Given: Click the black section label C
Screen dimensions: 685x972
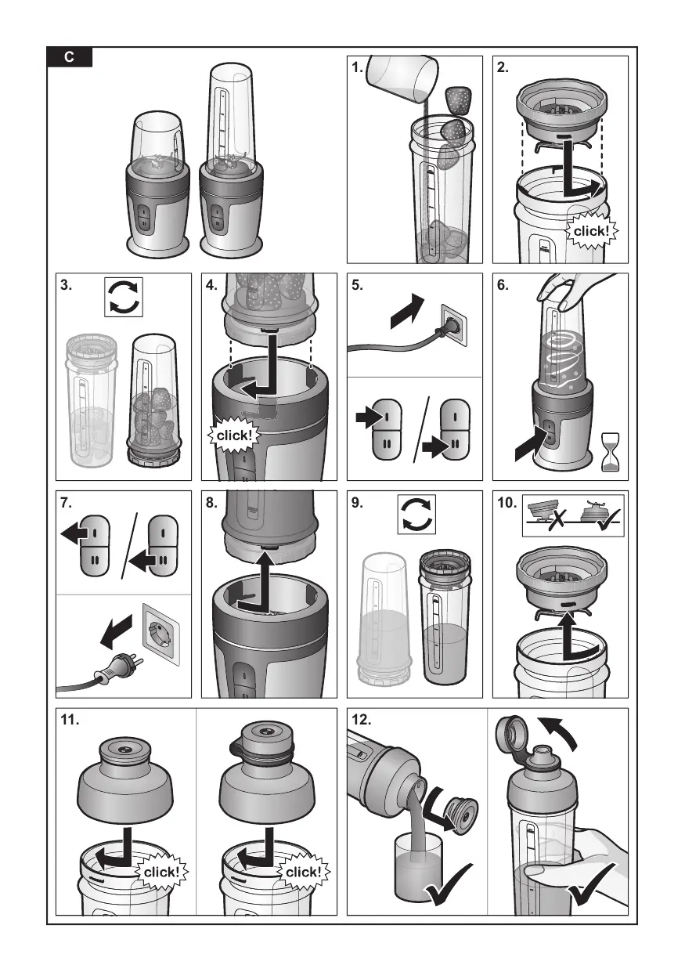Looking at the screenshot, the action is pos(70,57).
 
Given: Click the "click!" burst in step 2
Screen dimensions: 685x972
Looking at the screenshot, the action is pos(591,231).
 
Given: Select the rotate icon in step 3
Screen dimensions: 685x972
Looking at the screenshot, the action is pos(124,298).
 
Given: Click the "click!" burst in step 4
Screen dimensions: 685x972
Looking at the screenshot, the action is pos(233,435).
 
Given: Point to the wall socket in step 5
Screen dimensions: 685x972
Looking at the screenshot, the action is pos(455,325).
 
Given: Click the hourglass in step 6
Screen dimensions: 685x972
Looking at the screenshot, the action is pos(611,452).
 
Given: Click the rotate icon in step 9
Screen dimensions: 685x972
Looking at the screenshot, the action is pos(417,515).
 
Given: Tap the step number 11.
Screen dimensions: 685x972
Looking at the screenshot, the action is pos(70,720).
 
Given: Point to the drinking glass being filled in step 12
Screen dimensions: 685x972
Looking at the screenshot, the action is pos(418,865).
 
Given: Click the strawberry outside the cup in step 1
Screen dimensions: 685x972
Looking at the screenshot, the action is pos(458,100).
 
